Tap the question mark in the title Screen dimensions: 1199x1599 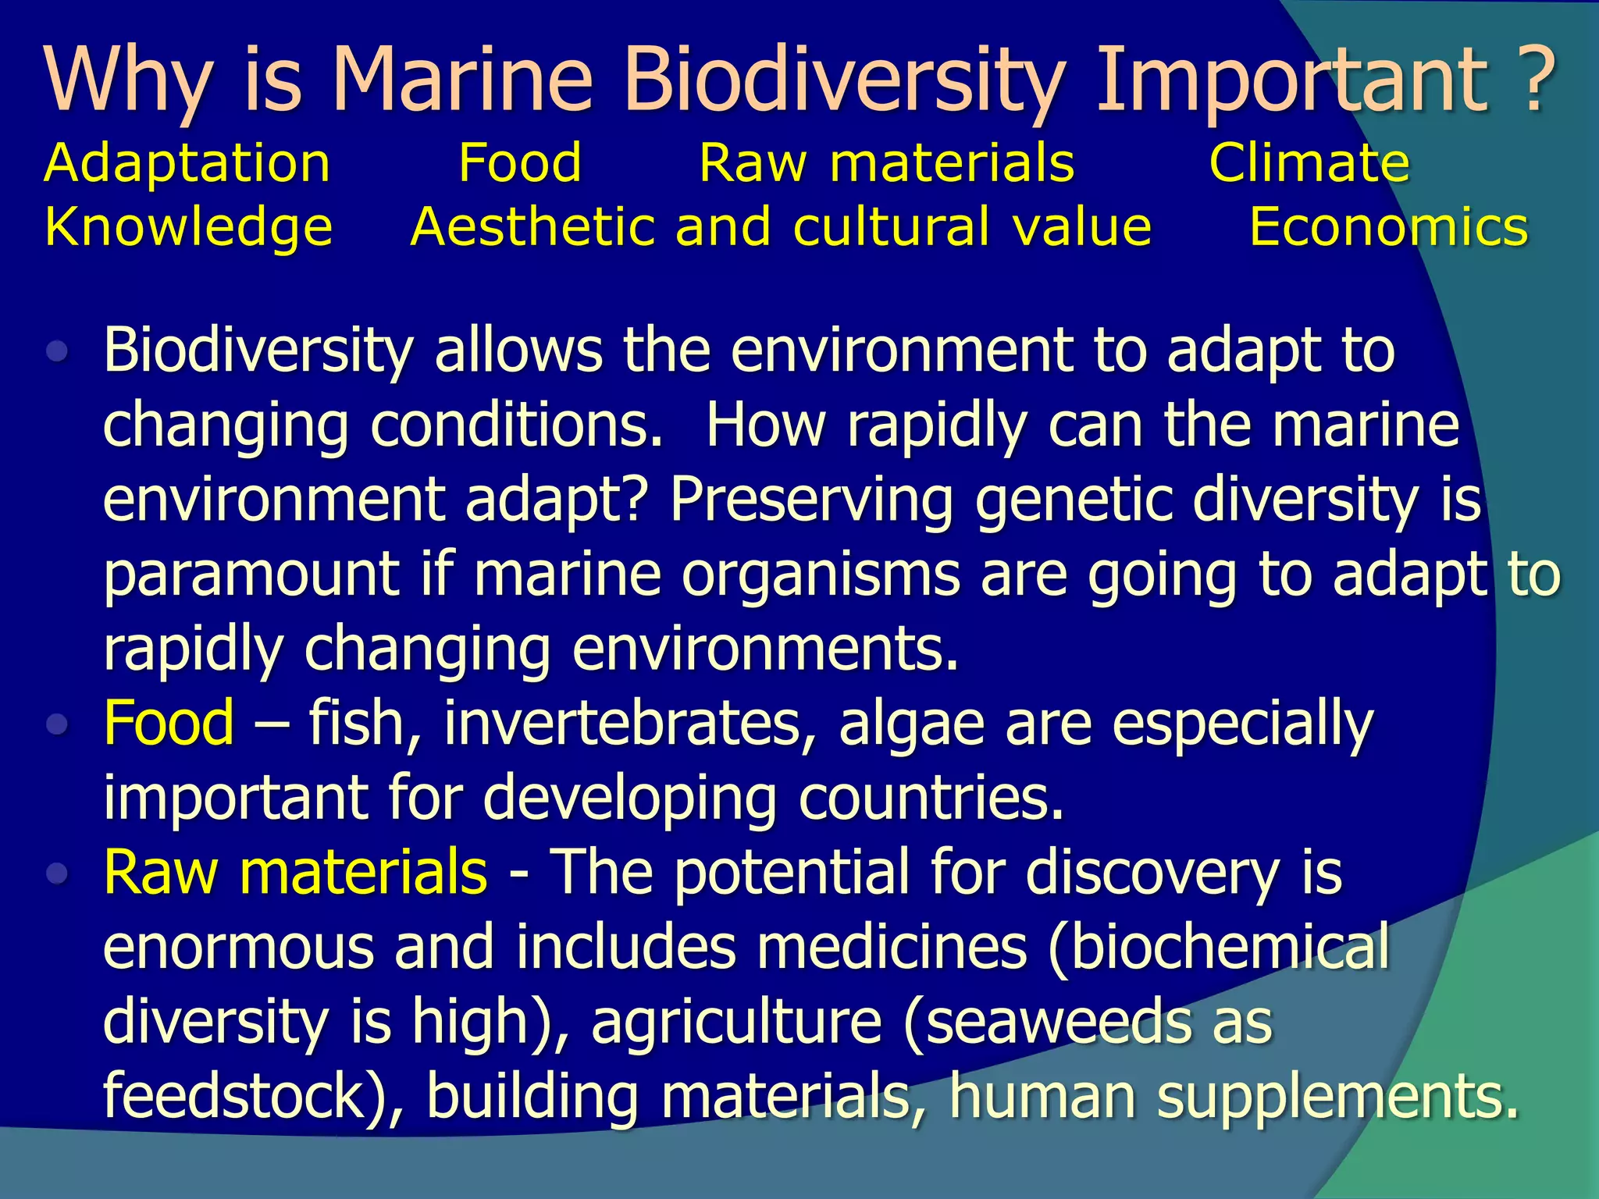[x=1533, y=80]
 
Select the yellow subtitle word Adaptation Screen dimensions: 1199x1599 [x=187, y=164]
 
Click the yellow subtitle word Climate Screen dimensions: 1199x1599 [x=1309, y=164]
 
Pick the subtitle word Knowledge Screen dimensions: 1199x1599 [x=189, y=228]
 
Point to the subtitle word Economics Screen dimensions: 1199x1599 [x=1388, y=228]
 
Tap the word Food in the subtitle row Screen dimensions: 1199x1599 [x=520, y=164]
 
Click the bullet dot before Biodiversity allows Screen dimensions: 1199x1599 [x=58, y=352]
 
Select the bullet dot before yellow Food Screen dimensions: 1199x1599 [x=58, y=725]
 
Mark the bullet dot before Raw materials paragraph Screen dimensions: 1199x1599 [x=58, y=873]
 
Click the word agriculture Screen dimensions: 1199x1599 [x=735, y=1022]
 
